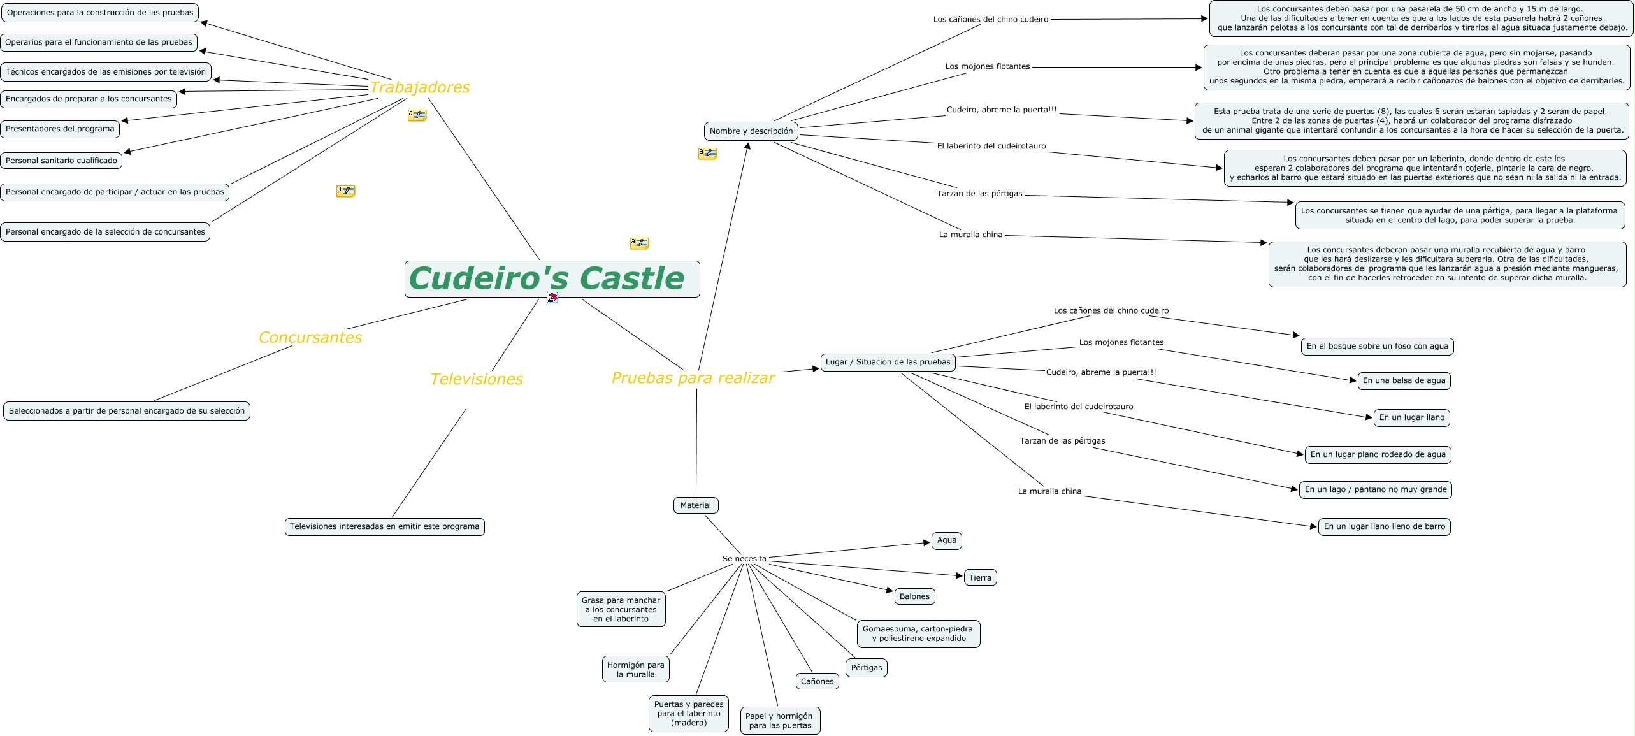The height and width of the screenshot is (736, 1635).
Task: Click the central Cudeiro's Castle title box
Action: click(x=552, y=279)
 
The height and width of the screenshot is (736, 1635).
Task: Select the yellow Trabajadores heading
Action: click(x=419, y=87)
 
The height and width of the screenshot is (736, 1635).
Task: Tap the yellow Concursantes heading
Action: click(x=310, y=337)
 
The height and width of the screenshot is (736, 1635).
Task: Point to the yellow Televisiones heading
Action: click(x=476, y=379)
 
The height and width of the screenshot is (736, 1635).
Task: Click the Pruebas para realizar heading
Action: click(x=693, y=378)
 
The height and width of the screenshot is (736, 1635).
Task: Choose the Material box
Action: click(x=695, y=505)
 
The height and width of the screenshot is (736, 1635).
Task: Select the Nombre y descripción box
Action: click(x=751, y=131)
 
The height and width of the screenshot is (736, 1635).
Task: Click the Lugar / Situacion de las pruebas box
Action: click(x=888, y=362)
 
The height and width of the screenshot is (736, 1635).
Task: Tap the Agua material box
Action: click(x=946, y=540)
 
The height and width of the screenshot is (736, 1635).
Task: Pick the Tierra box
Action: click(x=979, y=577)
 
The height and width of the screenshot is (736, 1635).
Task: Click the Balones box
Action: click(x=914, y=596)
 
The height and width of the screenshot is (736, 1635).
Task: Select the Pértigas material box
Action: click(x=867, y=668)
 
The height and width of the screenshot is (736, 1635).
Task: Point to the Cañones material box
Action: click(x=817, y=681)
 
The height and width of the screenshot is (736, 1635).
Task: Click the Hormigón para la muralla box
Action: click(x=635, y=670)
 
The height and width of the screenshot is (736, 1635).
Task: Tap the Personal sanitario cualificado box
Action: click(x=61, y=161)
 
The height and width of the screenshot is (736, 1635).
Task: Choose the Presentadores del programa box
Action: click(x=60, y=129)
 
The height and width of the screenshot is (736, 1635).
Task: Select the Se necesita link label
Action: click(x=744, y=559)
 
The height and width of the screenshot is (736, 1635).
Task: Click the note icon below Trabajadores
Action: click(x=417, y=115)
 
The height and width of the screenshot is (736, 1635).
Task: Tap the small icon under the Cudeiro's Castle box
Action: click(x=552, y=298)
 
